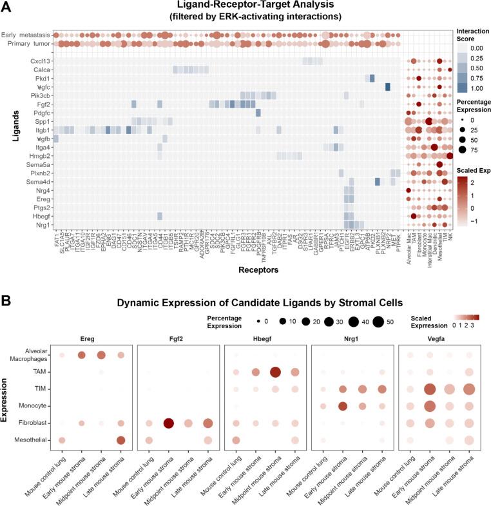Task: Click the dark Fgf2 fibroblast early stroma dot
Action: [x=169, y=423]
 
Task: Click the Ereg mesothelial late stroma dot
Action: [x=120, y=440]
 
